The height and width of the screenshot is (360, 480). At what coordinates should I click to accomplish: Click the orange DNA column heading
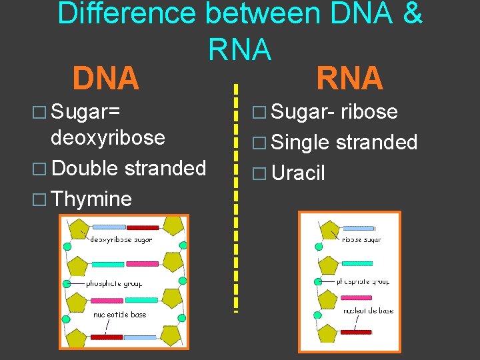pyautogui.click(x=106, y=79)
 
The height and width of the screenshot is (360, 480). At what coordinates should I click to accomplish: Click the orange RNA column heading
pyautogui.click(x=349, y=79)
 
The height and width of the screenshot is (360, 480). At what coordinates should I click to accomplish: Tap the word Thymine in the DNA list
pyautogui.click(x=91, y=199)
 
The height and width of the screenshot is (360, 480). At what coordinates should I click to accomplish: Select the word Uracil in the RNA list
pyautogui.click(x=298, y=173)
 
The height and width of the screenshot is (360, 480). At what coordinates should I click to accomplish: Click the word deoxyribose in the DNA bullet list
pyautogui.click(x=108, y=137)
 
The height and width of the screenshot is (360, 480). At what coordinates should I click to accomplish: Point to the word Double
pyautogui.click(x=85, y=168)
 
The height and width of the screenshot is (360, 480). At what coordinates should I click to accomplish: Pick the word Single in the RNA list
pyautogui.click(x=301, y=142)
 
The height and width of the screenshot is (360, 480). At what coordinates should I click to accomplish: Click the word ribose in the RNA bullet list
pyautogui.click(x=369, y=112)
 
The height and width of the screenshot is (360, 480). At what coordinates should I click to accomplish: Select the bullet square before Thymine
pyautogui.click(x=41, y=199)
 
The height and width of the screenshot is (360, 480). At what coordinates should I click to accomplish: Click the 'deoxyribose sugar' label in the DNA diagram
pyautogui.click(x=121, y=239)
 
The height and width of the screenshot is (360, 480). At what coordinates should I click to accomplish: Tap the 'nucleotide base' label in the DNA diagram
pyautogui.click(x=119, y=314)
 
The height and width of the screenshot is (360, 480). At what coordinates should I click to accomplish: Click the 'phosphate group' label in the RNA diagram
pyautogui.click(x=363, y=281)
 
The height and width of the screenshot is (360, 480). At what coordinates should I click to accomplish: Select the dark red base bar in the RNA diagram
pyautogui.click(x=355, y=331)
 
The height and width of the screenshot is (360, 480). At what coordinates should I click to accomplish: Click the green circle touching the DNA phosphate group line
pyautogui.click(x=67, y=284)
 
